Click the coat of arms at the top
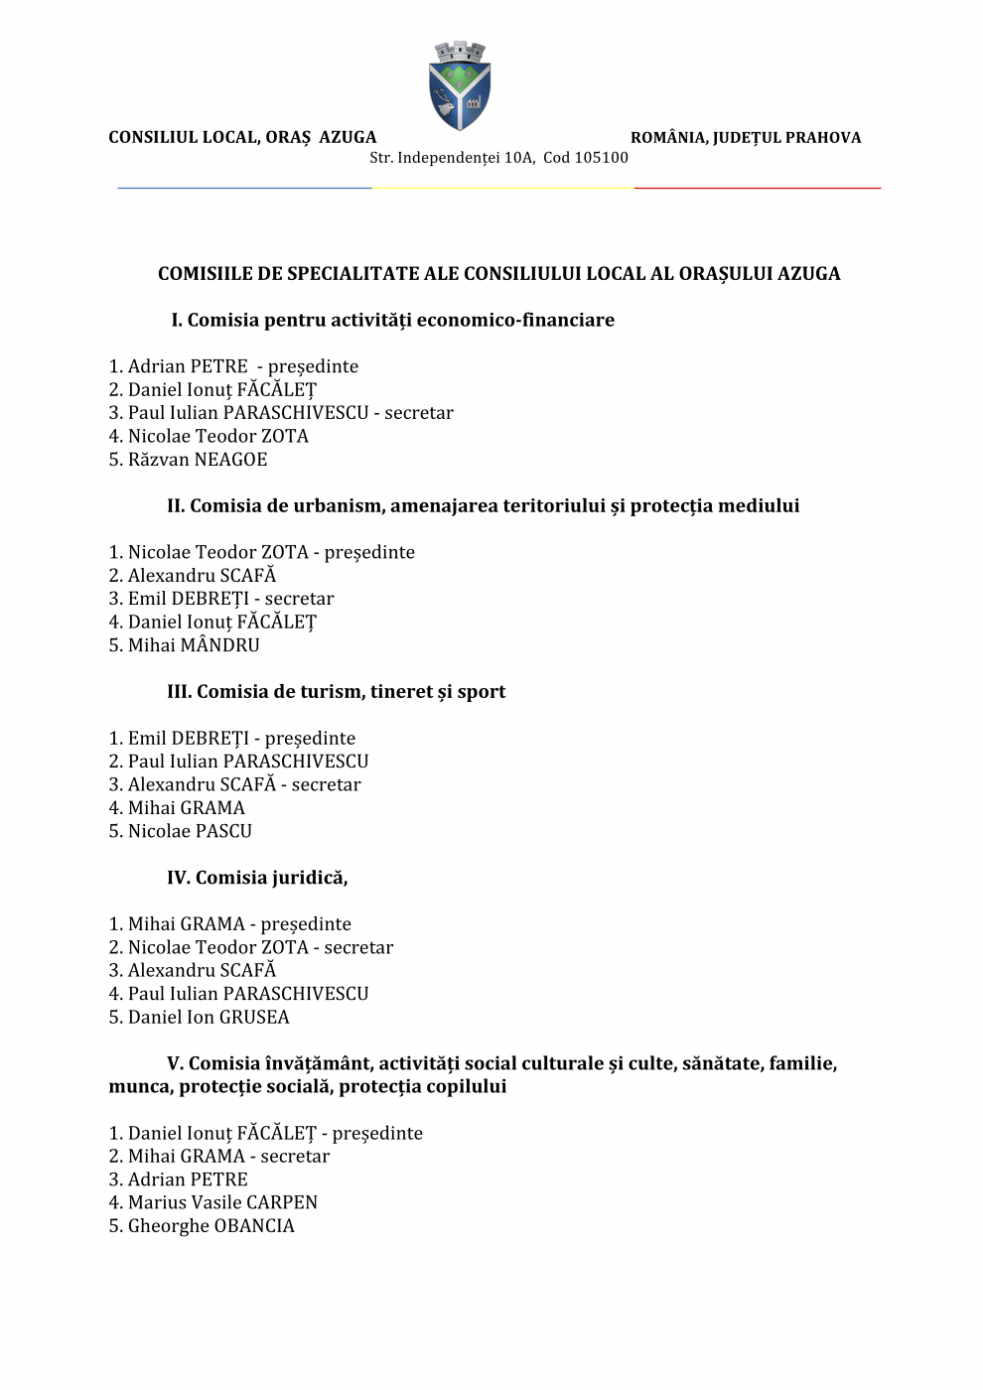point(459,86)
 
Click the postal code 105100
point(601,158)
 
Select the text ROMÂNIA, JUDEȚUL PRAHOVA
point(746,138)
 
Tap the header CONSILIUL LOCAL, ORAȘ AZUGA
point(242,138)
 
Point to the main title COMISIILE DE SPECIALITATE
point(498,274)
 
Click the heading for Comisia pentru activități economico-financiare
point(393,321)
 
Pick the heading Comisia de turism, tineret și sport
point(336,692)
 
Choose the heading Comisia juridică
point(257,878)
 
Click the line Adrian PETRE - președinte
point(233,366)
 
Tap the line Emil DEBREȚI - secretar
point(221,599)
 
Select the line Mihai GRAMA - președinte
point(229,924)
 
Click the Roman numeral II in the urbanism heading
point(176,506)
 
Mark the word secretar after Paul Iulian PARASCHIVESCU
point(419,413)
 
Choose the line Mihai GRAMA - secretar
point(218,1157)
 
